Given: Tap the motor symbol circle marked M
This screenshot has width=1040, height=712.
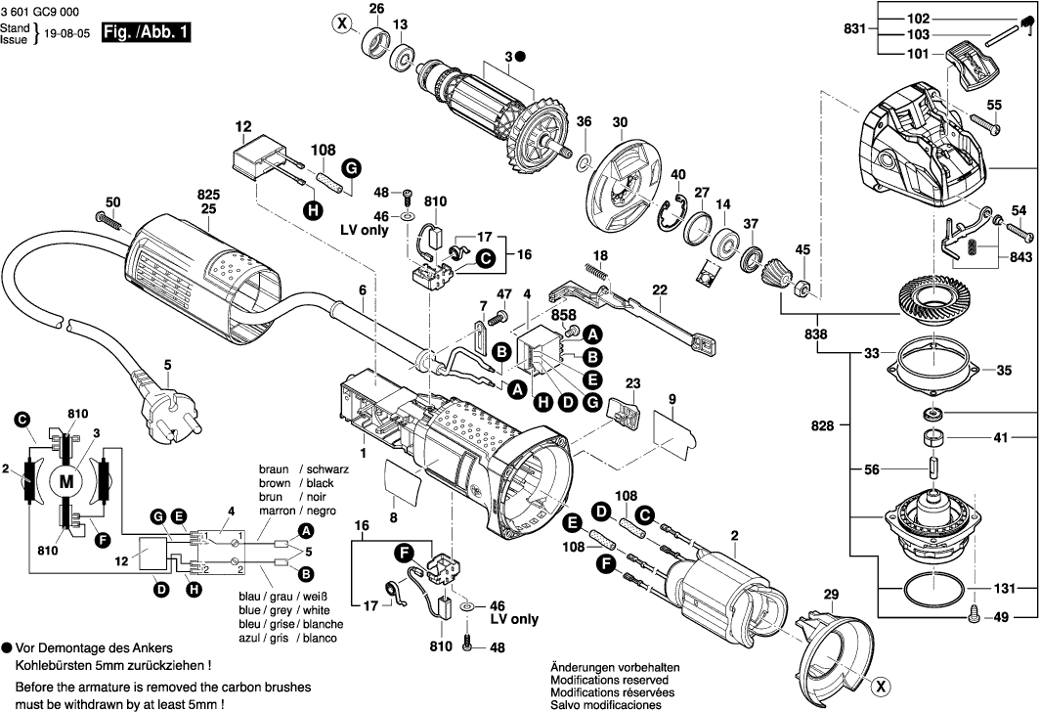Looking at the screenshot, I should [x=66, y=480].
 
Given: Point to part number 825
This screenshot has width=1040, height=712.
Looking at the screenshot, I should [x=207, y=194].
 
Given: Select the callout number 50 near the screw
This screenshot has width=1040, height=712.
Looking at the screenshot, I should [x=113, y=202].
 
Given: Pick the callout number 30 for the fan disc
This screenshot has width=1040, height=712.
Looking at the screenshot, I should [x=619, y=122].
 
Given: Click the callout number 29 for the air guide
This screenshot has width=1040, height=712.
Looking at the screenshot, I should [x=831, y=594].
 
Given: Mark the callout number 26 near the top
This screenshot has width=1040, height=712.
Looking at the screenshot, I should [x=376, y=9].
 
